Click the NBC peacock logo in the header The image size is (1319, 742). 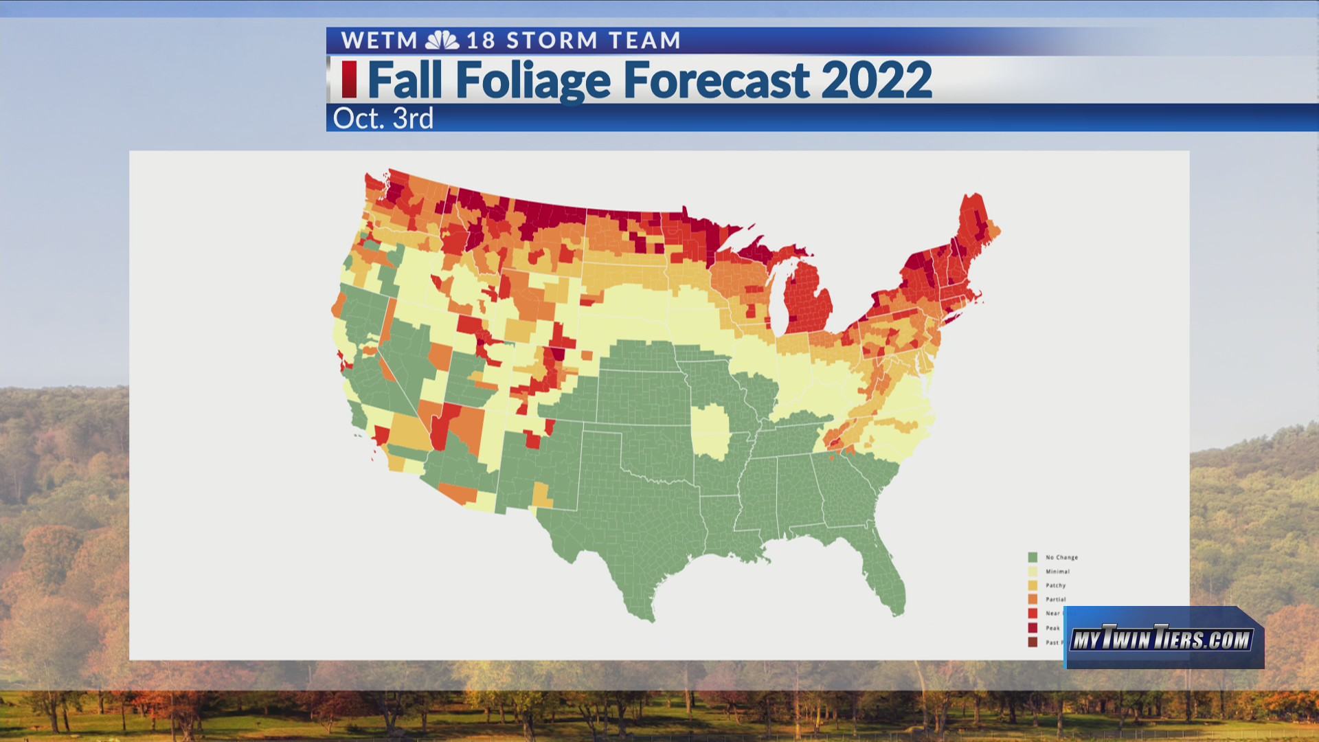(442, 41)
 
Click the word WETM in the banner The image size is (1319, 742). (379, 41)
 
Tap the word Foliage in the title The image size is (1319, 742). (533, 80)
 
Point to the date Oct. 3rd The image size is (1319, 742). (383, 119)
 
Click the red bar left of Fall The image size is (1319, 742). (349, 80)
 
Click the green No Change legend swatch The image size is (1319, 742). (1033, 557)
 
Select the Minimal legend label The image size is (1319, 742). (1057, 572)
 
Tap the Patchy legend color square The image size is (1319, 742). (1033, 585)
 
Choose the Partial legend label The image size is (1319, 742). (1056, 600)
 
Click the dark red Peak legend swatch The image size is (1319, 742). (1033, 628)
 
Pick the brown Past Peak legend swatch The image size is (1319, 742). (1033, 642)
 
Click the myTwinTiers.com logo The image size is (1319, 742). (1162, 640)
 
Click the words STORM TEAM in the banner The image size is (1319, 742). (593, 41)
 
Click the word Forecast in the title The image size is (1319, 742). (716, 80)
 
